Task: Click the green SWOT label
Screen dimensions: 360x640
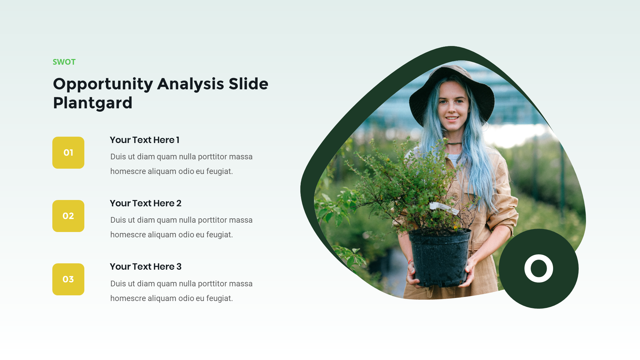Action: click(x=64, y=62)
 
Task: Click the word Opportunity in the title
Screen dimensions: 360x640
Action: click(x=103, y=84)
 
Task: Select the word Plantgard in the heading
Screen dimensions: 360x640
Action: click(x=93, y=103)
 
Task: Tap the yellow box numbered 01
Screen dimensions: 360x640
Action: click(x=68, y=153)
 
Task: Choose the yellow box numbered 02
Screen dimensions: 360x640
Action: click(x=68, y=216)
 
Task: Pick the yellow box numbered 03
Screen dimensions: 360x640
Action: click(x=68, y=279)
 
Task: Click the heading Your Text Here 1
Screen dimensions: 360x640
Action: click(x=144, y=140)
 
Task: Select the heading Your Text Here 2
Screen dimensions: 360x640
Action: click(x=145, y=203)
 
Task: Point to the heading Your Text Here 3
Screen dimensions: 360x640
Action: click(x=145, y=267)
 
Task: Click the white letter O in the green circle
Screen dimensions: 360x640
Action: click(x=538, y=268)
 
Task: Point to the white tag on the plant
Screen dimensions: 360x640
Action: click(x=443, y=207)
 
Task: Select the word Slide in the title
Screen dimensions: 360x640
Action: click(x=248, y=84)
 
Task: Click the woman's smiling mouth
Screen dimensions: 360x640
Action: click(x=452, y=118)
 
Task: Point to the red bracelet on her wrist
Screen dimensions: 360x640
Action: click(x=410, y=262)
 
